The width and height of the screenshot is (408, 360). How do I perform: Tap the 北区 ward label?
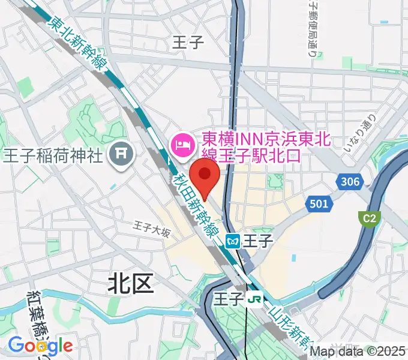(131, 283)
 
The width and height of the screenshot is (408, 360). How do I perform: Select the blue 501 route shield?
(319, 204)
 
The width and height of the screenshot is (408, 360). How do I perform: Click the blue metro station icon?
(233, 241)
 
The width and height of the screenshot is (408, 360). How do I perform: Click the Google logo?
(40, 345)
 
